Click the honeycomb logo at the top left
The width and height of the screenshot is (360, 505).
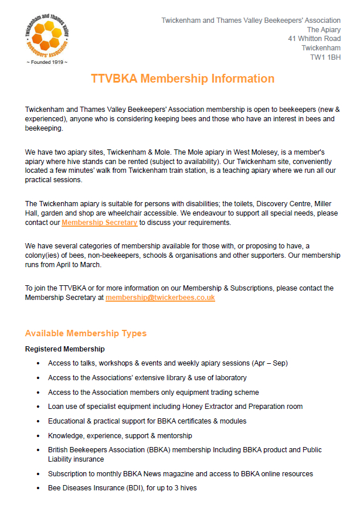tap(47, 35)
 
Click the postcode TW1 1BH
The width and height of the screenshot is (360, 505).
tap(325, 57)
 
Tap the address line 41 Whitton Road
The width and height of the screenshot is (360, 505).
tap(314, 39)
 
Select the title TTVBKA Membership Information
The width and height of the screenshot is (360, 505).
tap(182, 79)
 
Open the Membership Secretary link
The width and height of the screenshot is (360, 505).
tap(100, 223)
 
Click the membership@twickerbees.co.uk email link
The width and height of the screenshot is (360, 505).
tap(160, 298)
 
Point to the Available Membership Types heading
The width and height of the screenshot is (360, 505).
tap(86, 333)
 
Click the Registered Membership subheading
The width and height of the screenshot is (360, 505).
tap(64, 349)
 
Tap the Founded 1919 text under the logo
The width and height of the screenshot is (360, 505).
tap(47, 62)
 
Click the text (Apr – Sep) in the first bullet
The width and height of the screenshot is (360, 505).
tap(267, 363)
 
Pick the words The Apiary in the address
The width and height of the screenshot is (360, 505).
tap(324, 30)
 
